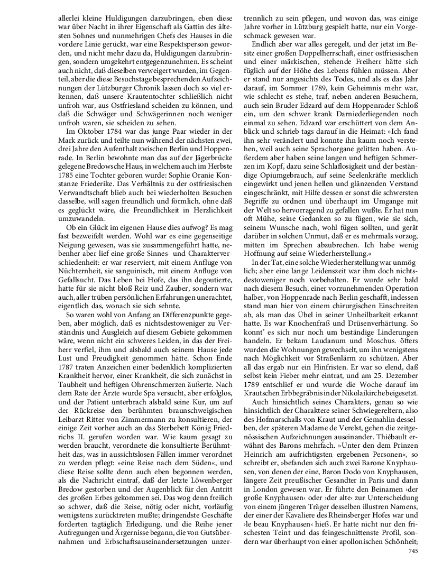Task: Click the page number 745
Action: (x=413, y=551)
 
